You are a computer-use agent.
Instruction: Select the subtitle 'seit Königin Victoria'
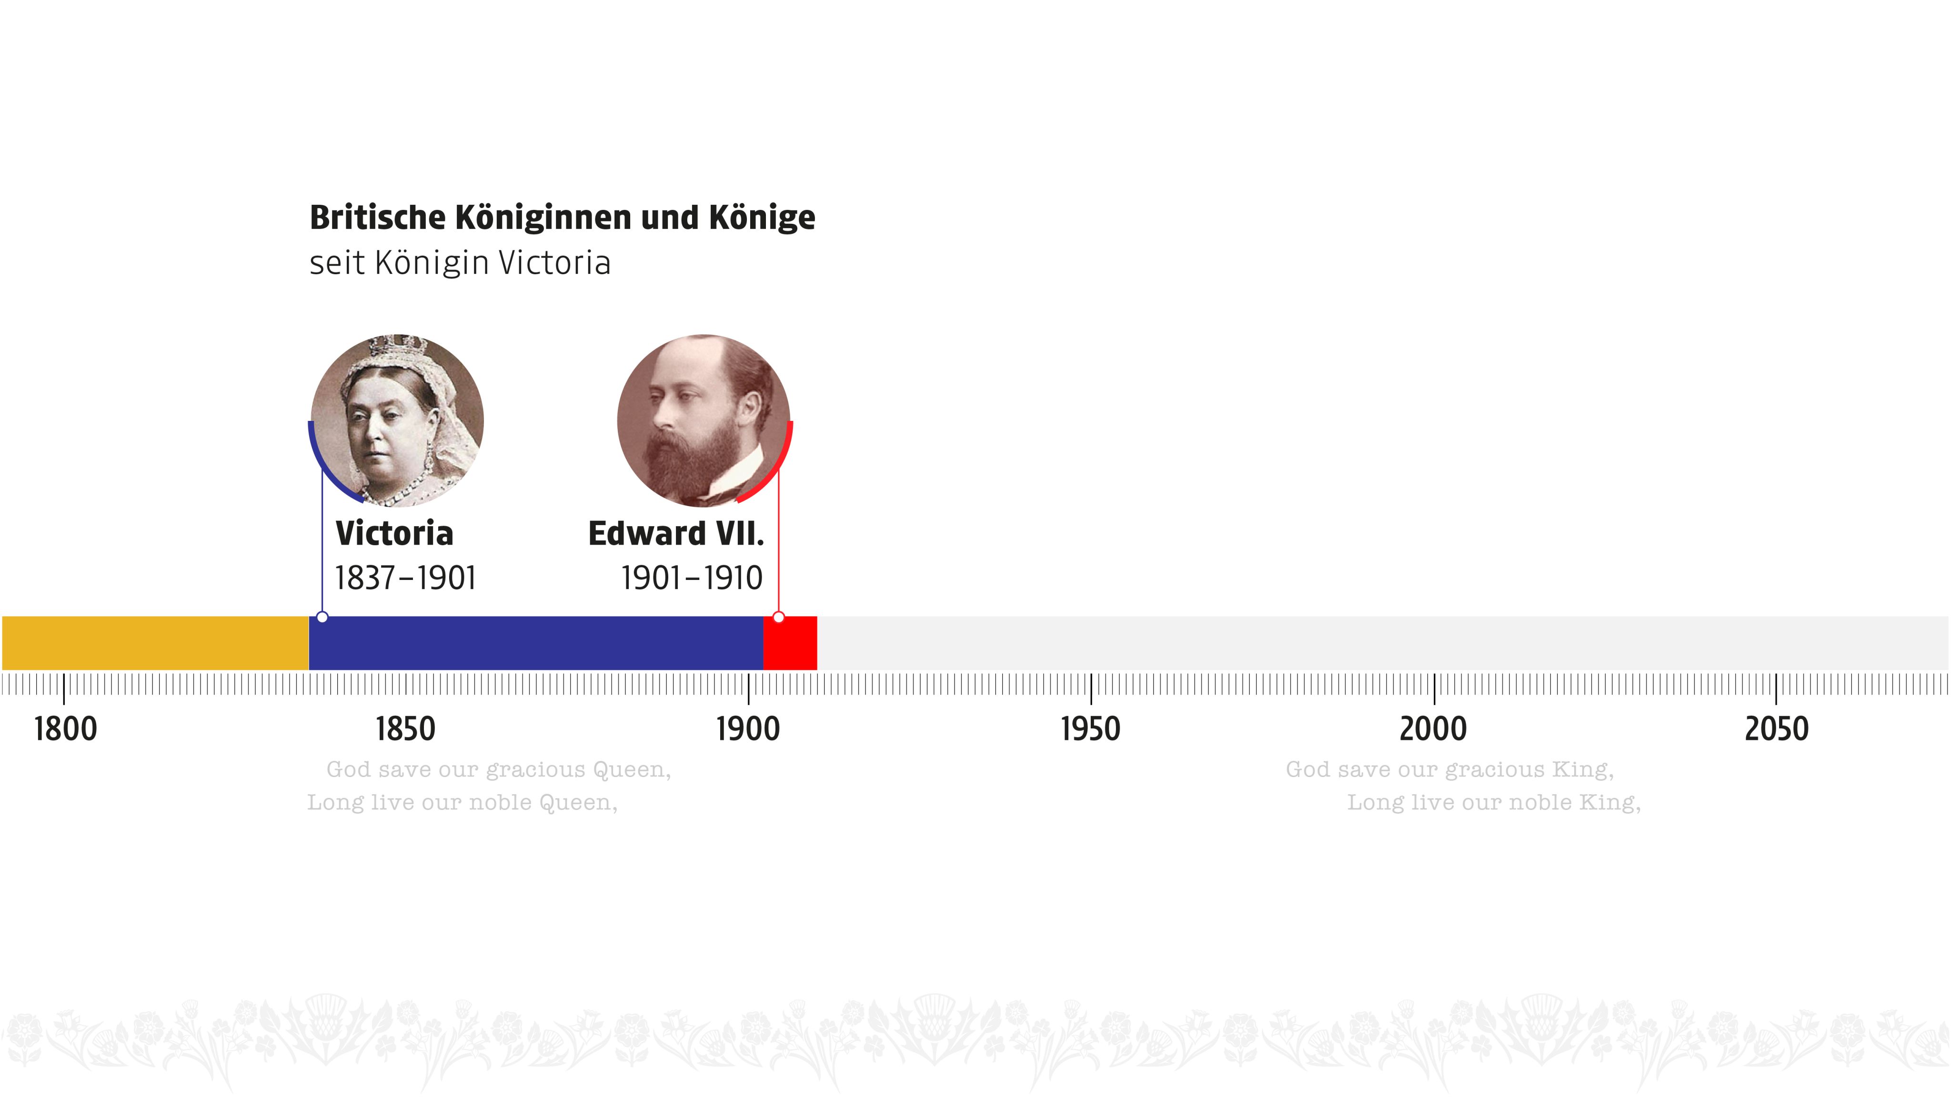coord(460,263)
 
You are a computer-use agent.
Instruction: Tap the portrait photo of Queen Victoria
coord(397,420)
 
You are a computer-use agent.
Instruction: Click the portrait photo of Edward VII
coord(704,420)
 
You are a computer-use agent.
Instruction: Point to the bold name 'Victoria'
coord(394,534)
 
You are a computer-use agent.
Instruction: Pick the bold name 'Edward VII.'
coord(675,534)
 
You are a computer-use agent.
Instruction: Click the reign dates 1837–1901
coord(405,578)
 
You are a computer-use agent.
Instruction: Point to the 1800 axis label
coord(65,729)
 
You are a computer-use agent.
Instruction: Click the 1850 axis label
coord(405,729)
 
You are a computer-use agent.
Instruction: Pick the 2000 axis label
coord(1433,729)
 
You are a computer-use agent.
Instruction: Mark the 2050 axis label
coord(1776,729)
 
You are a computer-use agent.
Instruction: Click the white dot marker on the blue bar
coord(322,618)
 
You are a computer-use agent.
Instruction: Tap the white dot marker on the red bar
coord(779,618)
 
